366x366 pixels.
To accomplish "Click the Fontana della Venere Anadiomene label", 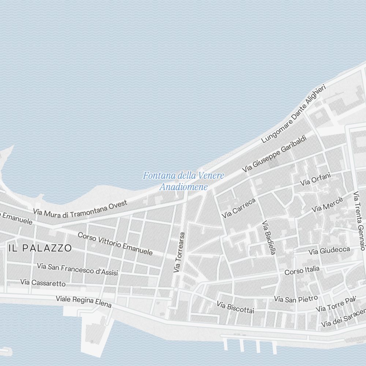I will tap(183, 181).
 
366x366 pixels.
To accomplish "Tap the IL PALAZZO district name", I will tap(40, 248).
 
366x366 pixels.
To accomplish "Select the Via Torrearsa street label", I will tap(179, 253).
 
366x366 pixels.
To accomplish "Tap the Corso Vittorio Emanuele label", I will tap(115, 244).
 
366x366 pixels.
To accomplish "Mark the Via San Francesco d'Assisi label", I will tap(77, 269).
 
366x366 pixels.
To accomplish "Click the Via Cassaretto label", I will tap(43, 283).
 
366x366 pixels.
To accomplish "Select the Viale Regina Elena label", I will tap(83, 302).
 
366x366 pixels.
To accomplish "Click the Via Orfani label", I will tap(315, 179).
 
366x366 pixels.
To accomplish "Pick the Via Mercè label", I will tap(327, 205).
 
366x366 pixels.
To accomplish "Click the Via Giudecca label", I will tap(329, 251).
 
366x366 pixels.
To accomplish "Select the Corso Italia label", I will tap(302, 270).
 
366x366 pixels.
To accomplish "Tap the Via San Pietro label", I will tap(296, 298).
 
